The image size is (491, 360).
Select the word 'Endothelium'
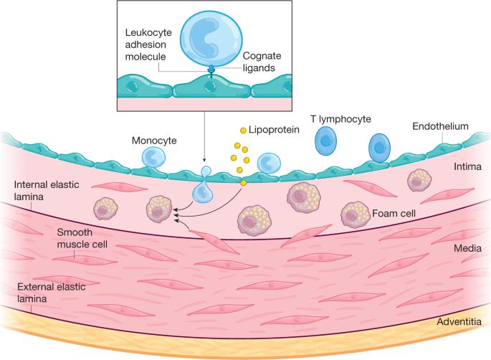440,127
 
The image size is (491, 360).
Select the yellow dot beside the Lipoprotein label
243,131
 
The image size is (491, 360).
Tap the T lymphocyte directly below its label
326,142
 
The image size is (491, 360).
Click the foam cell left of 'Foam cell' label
354,213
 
